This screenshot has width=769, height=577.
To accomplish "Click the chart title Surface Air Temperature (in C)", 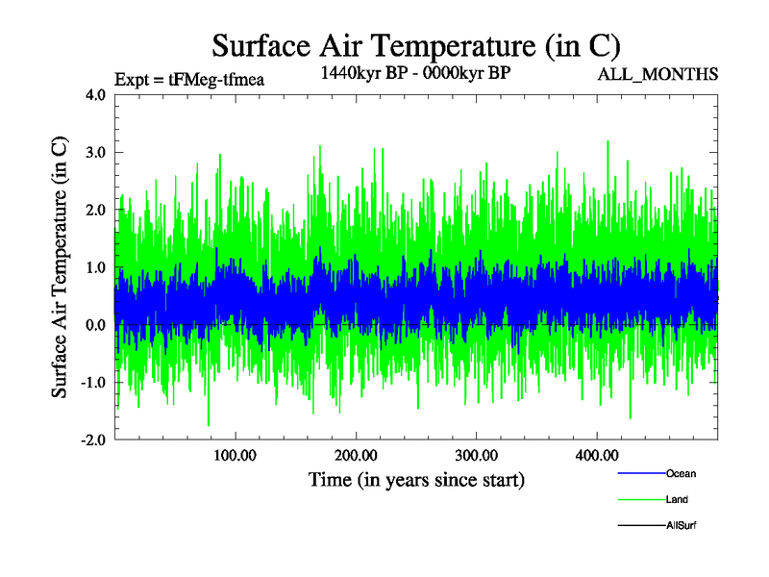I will point(415,45).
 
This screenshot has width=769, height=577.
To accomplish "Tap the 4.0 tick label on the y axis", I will point(95,95).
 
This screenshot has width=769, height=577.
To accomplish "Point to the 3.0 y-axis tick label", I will point(95,153).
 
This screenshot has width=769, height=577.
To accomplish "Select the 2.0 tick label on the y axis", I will point(95,210).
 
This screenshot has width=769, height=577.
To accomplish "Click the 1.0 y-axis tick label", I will point(95,267).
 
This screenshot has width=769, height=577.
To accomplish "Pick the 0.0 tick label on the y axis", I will point(95,325).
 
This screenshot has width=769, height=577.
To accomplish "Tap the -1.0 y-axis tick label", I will point(92,383).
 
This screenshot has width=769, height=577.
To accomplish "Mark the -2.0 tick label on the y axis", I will point(92,439).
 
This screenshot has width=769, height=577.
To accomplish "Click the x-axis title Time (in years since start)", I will point(416,479).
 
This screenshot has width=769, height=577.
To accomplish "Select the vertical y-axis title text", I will point(60,267).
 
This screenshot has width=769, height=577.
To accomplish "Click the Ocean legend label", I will point(681,474).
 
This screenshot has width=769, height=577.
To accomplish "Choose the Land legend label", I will point(677,500).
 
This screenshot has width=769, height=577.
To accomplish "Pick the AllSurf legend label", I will point(681,525).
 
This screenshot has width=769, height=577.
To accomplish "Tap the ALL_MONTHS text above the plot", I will point(658,74).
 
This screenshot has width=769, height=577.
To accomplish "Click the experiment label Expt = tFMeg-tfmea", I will point(188,80).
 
